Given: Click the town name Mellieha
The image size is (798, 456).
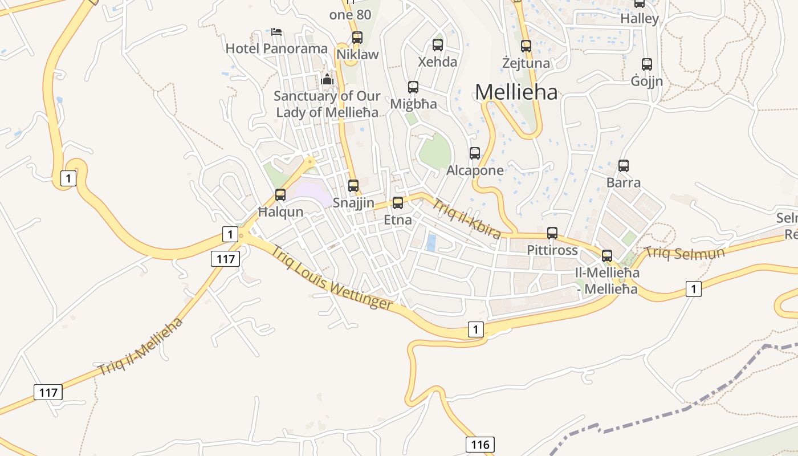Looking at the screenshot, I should coord(516,92).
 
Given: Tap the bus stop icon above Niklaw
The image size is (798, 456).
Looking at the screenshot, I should coord(357,38).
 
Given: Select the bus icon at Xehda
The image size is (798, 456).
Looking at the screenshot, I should coord(438,45).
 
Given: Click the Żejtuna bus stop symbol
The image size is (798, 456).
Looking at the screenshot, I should coord(526,46).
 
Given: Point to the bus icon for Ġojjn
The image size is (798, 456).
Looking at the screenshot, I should coord(647,64).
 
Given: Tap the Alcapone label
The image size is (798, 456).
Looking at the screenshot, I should coord(475,170).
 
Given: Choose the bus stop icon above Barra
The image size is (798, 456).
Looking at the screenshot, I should coord(624,166).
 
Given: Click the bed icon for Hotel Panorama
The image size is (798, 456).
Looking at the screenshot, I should coord(277,32).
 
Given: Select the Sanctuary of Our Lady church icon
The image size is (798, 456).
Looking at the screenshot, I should coord(327,80).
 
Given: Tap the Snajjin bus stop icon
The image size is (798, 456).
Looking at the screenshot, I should coord(353,186).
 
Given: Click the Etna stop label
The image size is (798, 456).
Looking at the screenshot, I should coord(398,219).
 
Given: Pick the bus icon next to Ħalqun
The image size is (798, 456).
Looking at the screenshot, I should coord(280,195).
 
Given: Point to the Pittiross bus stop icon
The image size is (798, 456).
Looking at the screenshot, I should coord(552,233).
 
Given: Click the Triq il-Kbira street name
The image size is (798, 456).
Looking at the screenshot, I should coord(466,218).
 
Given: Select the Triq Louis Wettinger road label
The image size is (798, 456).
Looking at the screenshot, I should coord(331,278).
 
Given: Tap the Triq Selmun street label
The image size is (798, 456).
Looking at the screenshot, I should coord(684,252).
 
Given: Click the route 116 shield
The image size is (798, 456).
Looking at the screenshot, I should coord(480,445).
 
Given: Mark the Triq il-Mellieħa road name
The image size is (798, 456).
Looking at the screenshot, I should coord(141,347).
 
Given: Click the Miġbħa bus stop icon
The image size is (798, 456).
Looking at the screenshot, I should coord(413,87).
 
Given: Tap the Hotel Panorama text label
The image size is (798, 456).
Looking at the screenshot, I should coord(276,48).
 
